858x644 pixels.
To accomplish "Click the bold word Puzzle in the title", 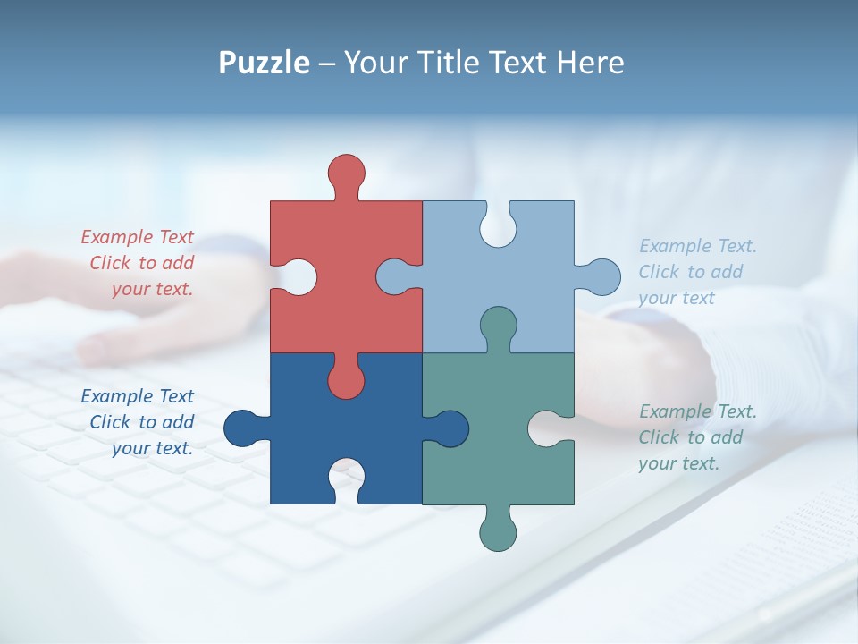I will (x=264, y=63).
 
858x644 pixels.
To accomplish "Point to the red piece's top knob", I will (x=346, y=173).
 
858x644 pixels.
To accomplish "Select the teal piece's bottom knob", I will (x=498, y=531).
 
